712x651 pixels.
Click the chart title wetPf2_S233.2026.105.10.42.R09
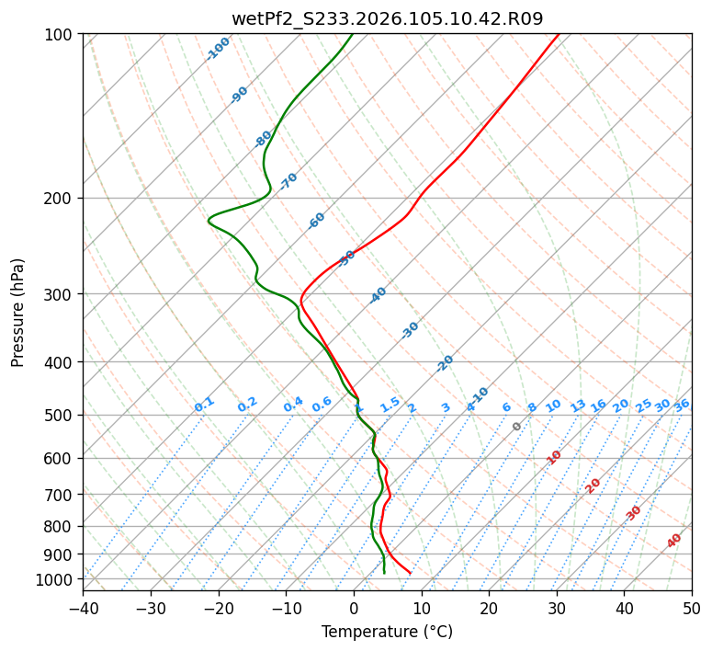pos(387,18)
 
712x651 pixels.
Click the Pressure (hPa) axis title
pos(18,313)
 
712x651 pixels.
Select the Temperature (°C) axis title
pos(387,633)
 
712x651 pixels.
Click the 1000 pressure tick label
pos(57,579)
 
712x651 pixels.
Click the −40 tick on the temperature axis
pos(83,609)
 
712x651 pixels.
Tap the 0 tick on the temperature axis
pos(354,609)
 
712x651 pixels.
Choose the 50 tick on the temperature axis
pos(692,609)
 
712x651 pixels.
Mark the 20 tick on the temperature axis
pos(489,609)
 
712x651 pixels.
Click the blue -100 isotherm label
pos(219,49)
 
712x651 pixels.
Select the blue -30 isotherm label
pos(410,330)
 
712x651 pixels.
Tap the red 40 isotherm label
pos(674,541)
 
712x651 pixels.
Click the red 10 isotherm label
pos(554,457)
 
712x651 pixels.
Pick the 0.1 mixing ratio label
pos(204,405)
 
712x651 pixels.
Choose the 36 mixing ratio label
pos(682,405)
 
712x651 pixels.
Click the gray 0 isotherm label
pos(517,427)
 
